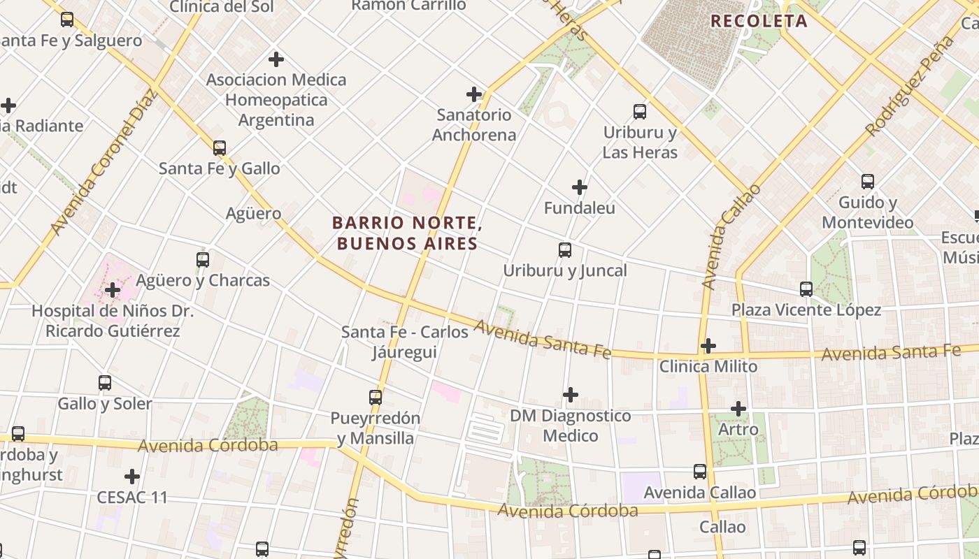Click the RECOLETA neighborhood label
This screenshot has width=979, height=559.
pyautogui.click(x=759, y=21)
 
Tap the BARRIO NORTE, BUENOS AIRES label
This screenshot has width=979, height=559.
pyautogui.click(x=407, y=233)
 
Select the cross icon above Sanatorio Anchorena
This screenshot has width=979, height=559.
pyautogui.click(x=474, y=94)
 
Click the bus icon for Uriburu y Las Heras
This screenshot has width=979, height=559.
pyautogui.click(x=639, y=112)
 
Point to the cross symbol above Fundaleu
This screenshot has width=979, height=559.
pyautogui.click(x=580, y=187)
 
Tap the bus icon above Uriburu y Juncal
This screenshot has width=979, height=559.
pyautogui.click(x=564, y=250)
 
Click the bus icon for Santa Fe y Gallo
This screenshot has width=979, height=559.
pyautogui.click(x=220, y=148)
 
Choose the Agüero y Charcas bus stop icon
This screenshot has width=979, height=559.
pyautogui.click(x=203, y=260)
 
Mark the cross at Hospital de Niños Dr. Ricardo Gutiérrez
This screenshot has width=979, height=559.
pyautogui.click(x=113, y=290)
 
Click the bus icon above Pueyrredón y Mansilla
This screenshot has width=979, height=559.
pyautogui.click(x=376, y=398)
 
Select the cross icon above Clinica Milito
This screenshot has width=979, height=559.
pyautogui.click(x=708, y=346)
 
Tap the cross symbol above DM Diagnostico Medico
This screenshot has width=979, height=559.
pyautogui.click(x=571, y=395)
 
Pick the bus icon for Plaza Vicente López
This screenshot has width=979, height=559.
pyautogui.click(x=806, y=289)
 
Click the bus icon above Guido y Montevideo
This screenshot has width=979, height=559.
pyautogui.click(x=868, y=182)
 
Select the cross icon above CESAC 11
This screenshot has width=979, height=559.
pyautogui.click(x=132, y=477)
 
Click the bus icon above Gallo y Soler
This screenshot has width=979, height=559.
pyautogui.click(x=105, y=383)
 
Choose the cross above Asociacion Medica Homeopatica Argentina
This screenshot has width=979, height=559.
pyautogui.click(x=276, y=59)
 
